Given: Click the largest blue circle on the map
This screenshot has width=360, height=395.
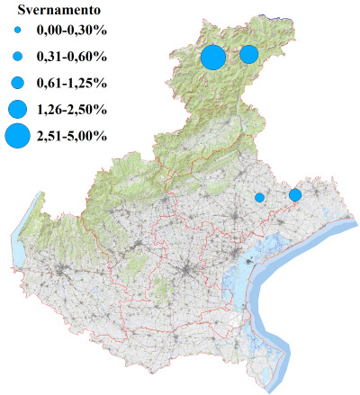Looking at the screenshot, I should (x=213, y=57).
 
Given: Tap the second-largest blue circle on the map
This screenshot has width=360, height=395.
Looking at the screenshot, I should (x=249, y=55).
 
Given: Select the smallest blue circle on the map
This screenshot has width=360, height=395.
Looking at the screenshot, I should (x=259, y=197).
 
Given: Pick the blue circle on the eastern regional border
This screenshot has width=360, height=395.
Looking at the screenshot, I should (x=294, y=195).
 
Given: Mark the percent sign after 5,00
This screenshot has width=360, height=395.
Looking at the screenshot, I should (x=103, y=137).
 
